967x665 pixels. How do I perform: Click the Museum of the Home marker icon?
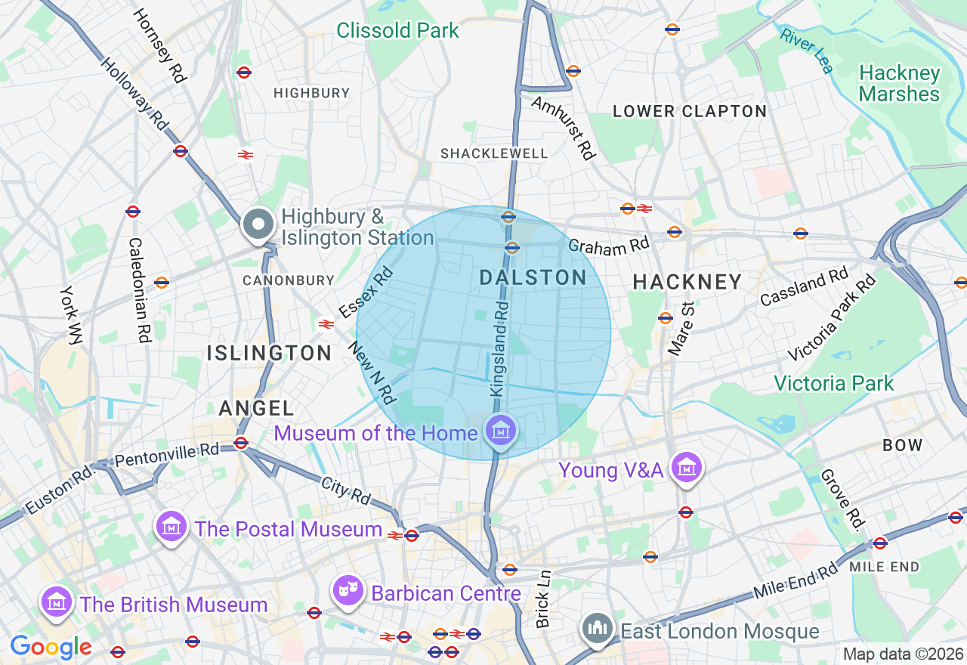(x=499, y=431)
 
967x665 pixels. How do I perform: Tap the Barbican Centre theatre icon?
(x=349, y=592)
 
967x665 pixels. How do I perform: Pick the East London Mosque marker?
(x=598, y=629)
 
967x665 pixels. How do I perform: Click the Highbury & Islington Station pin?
(x=258, y=224)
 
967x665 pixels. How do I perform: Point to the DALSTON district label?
(x=533, y=278)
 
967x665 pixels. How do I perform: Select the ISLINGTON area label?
(x=270, y=353)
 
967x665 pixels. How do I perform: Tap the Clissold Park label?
(x=397, y=30)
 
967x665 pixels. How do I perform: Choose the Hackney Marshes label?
(x=899, y=83)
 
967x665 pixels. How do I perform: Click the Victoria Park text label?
(x=833, y=383)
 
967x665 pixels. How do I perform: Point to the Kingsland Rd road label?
(x=499, y=348)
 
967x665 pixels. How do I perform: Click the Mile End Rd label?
(x=796, y=581)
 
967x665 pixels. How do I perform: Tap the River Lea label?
(x=807, y=51)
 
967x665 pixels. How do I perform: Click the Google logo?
(x=51, y=648)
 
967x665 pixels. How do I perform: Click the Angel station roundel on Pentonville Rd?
(x=241, y=443)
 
